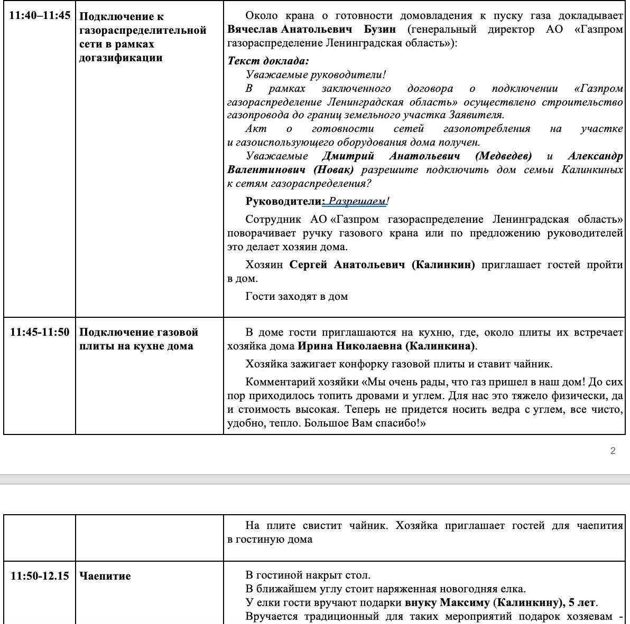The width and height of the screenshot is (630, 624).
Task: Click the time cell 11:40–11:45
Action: [40, 15]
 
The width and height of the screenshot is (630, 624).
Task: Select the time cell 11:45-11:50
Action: [40, 332]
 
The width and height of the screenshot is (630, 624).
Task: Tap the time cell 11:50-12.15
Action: [40, 575]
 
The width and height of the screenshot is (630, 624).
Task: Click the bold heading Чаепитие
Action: [105, 575]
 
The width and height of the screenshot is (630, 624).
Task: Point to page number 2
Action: [613, 450]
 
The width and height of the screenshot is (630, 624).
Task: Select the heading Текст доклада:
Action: [268, 61]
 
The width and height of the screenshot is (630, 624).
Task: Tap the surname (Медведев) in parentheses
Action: [503, 156]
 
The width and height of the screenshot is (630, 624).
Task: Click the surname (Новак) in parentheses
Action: [333, 169]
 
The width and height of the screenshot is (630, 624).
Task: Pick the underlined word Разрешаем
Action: [357, 201]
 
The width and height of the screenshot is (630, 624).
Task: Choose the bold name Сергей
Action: [308, 264]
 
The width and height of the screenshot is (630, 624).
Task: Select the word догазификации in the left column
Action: [121, 58]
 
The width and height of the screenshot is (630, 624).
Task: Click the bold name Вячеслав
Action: [252, 29]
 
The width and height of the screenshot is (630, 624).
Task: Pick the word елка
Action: [515, 589]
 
